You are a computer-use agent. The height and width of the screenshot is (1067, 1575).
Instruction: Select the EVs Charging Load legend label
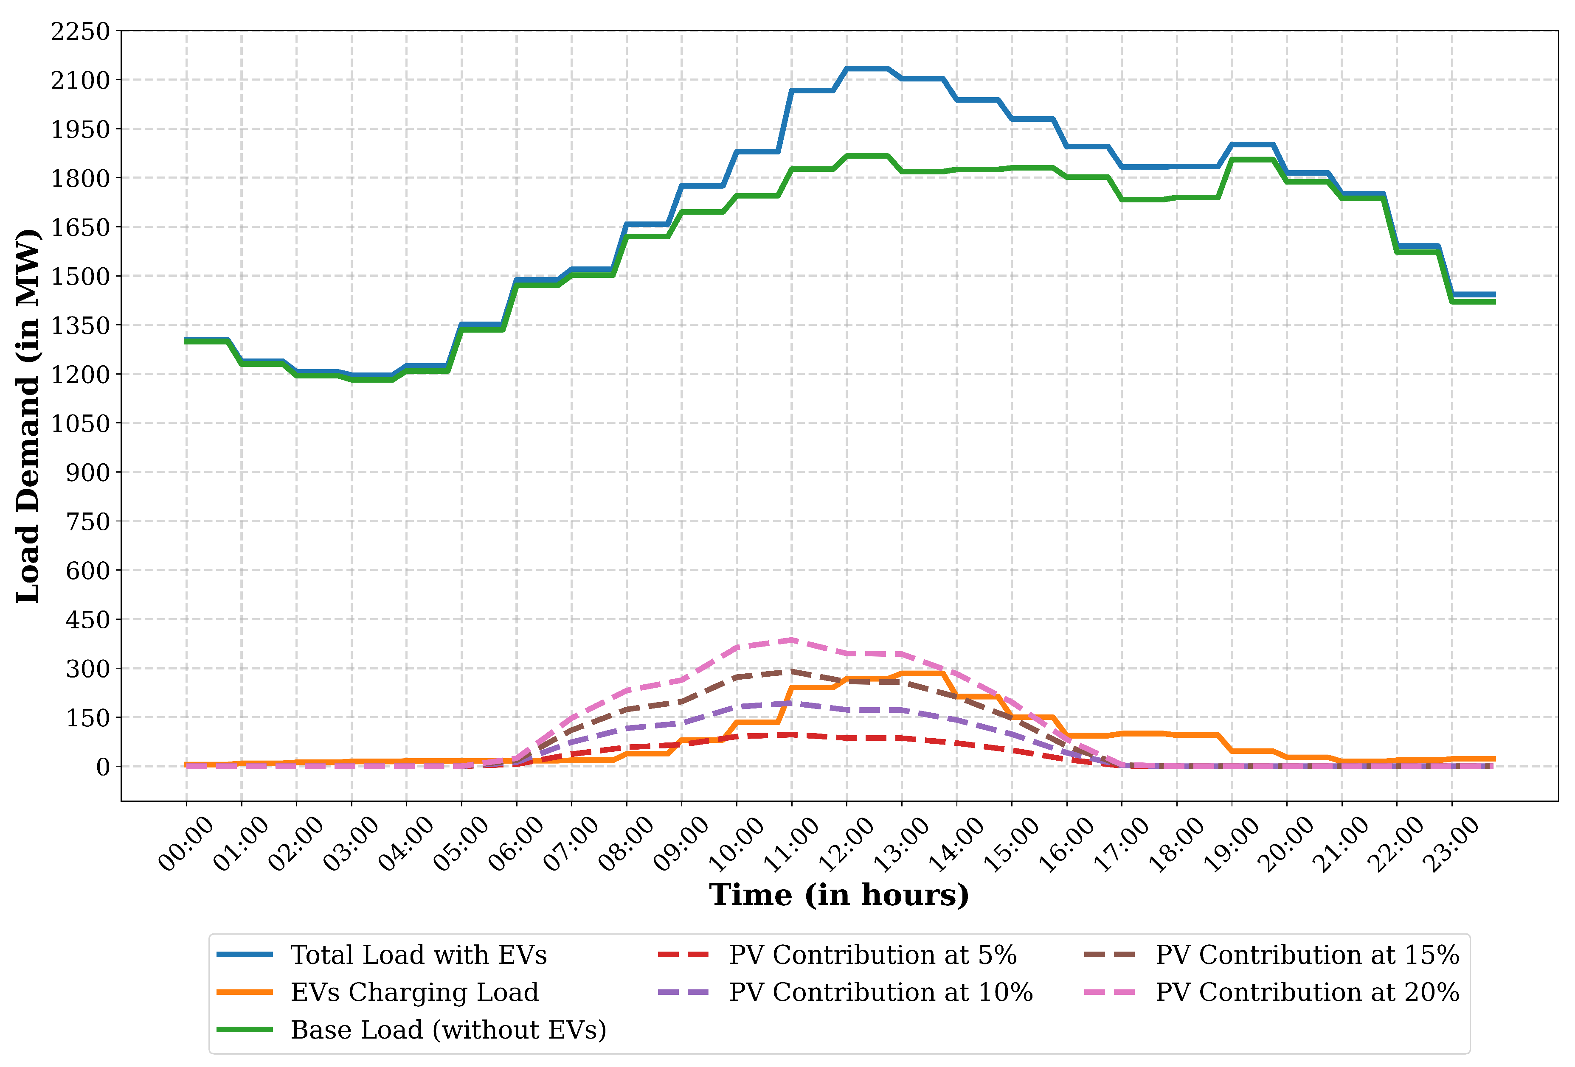414,992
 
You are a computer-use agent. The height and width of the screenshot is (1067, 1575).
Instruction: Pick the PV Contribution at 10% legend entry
880,992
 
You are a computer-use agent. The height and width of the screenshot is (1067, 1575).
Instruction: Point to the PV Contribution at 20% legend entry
1307,992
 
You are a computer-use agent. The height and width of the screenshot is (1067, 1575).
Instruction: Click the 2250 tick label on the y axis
80,31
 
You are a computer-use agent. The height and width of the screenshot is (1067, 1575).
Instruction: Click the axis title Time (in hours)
839,894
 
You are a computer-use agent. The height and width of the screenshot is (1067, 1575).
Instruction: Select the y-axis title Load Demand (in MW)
28,415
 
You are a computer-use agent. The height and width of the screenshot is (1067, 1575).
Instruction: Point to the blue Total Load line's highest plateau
867,68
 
